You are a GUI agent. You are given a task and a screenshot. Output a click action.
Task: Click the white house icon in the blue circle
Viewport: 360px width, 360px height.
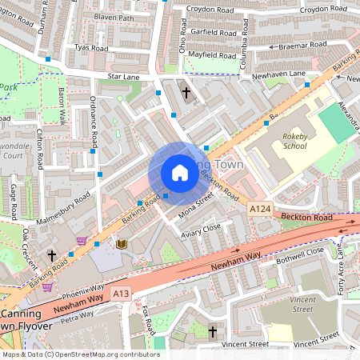click(180, 173)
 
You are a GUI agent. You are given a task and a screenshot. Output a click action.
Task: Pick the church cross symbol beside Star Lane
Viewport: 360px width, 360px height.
click(186, 93)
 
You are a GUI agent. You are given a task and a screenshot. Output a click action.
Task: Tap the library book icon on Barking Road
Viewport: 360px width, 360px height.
click(122, 243)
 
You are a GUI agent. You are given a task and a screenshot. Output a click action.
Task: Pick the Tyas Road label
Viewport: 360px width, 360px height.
click(90, 48)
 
